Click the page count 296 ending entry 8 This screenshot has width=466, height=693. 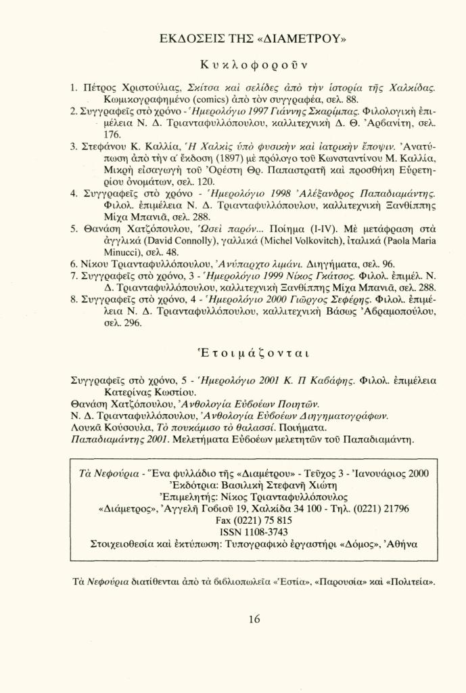(x=133, y=323)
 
